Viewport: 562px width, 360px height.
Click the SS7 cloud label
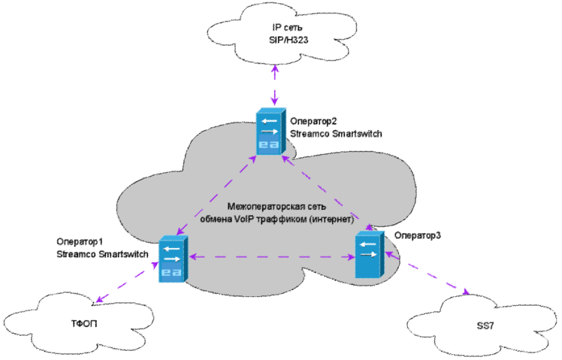[x=485, y=326]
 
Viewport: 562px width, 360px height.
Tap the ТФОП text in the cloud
[x=84, y=324]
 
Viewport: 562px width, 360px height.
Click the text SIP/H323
[x=289, y=40]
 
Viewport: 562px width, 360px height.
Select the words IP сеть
[x=287, y=27]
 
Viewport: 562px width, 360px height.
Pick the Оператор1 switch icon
[x=174, y=259]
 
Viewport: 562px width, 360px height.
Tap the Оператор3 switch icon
[x=370, y=255]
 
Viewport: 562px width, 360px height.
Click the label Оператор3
[x=418, y=235]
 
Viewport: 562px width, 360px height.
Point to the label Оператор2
[x=313, y=122]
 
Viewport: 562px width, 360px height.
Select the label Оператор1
[x=80, y=242]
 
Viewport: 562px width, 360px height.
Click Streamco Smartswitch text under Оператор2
[x=336, y=134]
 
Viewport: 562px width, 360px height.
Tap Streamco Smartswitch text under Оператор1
[x=102, y=254]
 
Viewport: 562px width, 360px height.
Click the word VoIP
[x=243, y=219]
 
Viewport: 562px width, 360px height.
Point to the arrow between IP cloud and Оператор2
[x=274, y=86]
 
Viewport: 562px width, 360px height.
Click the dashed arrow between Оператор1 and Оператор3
[x=272, y=257]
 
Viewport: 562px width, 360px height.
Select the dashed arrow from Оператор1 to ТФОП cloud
[x=126, y=283]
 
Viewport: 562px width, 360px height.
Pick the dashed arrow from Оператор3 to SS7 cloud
[x=427, y=273]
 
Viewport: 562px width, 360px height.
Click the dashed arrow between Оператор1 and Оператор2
[x=216, y=195]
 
